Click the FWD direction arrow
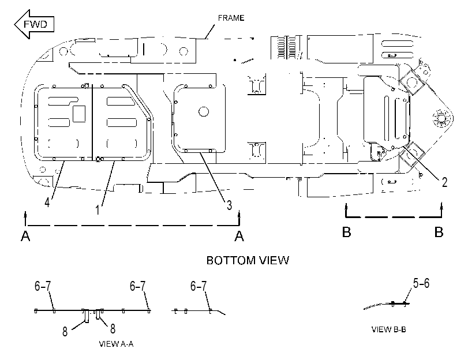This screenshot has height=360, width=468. (x=33, y=24)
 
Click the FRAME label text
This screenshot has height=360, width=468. (x=231, y=18)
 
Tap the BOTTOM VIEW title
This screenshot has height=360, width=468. (x=248, y=260)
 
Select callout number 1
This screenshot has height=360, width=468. (x=98, y=210)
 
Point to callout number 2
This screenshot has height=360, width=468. (x=444, y=182)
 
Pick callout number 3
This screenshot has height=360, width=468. (x=229, y=205)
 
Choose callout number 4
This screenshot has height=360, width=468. (x=47, y=202)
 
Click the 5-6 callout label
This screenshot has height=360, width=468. (x=421, y=283)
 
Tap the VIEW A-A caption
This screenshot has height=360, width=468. (x=116, y=344)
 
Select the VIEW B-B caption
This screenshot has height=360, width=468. (x=388, y=329)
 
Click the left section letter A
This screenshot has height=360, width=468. (x=25, y=236)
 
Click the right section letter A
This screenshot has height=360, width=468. (x=239, y=236)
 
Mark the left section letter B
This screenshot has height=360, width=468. (x=346, y=232)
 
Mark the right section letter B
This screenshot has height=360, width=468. (x=439, y=232)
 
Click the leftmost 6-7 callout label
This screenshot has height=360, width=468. (x=43, y=286)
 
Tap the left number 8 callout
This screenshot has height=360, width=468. (x=65, y=332)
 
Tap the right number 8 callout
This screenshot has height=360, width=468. (x=113, y=329)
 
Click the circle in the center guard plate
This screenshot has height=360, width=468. (x=204, y=112)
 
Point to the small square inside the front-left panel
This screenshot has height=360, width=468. (x=79, y=114)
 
